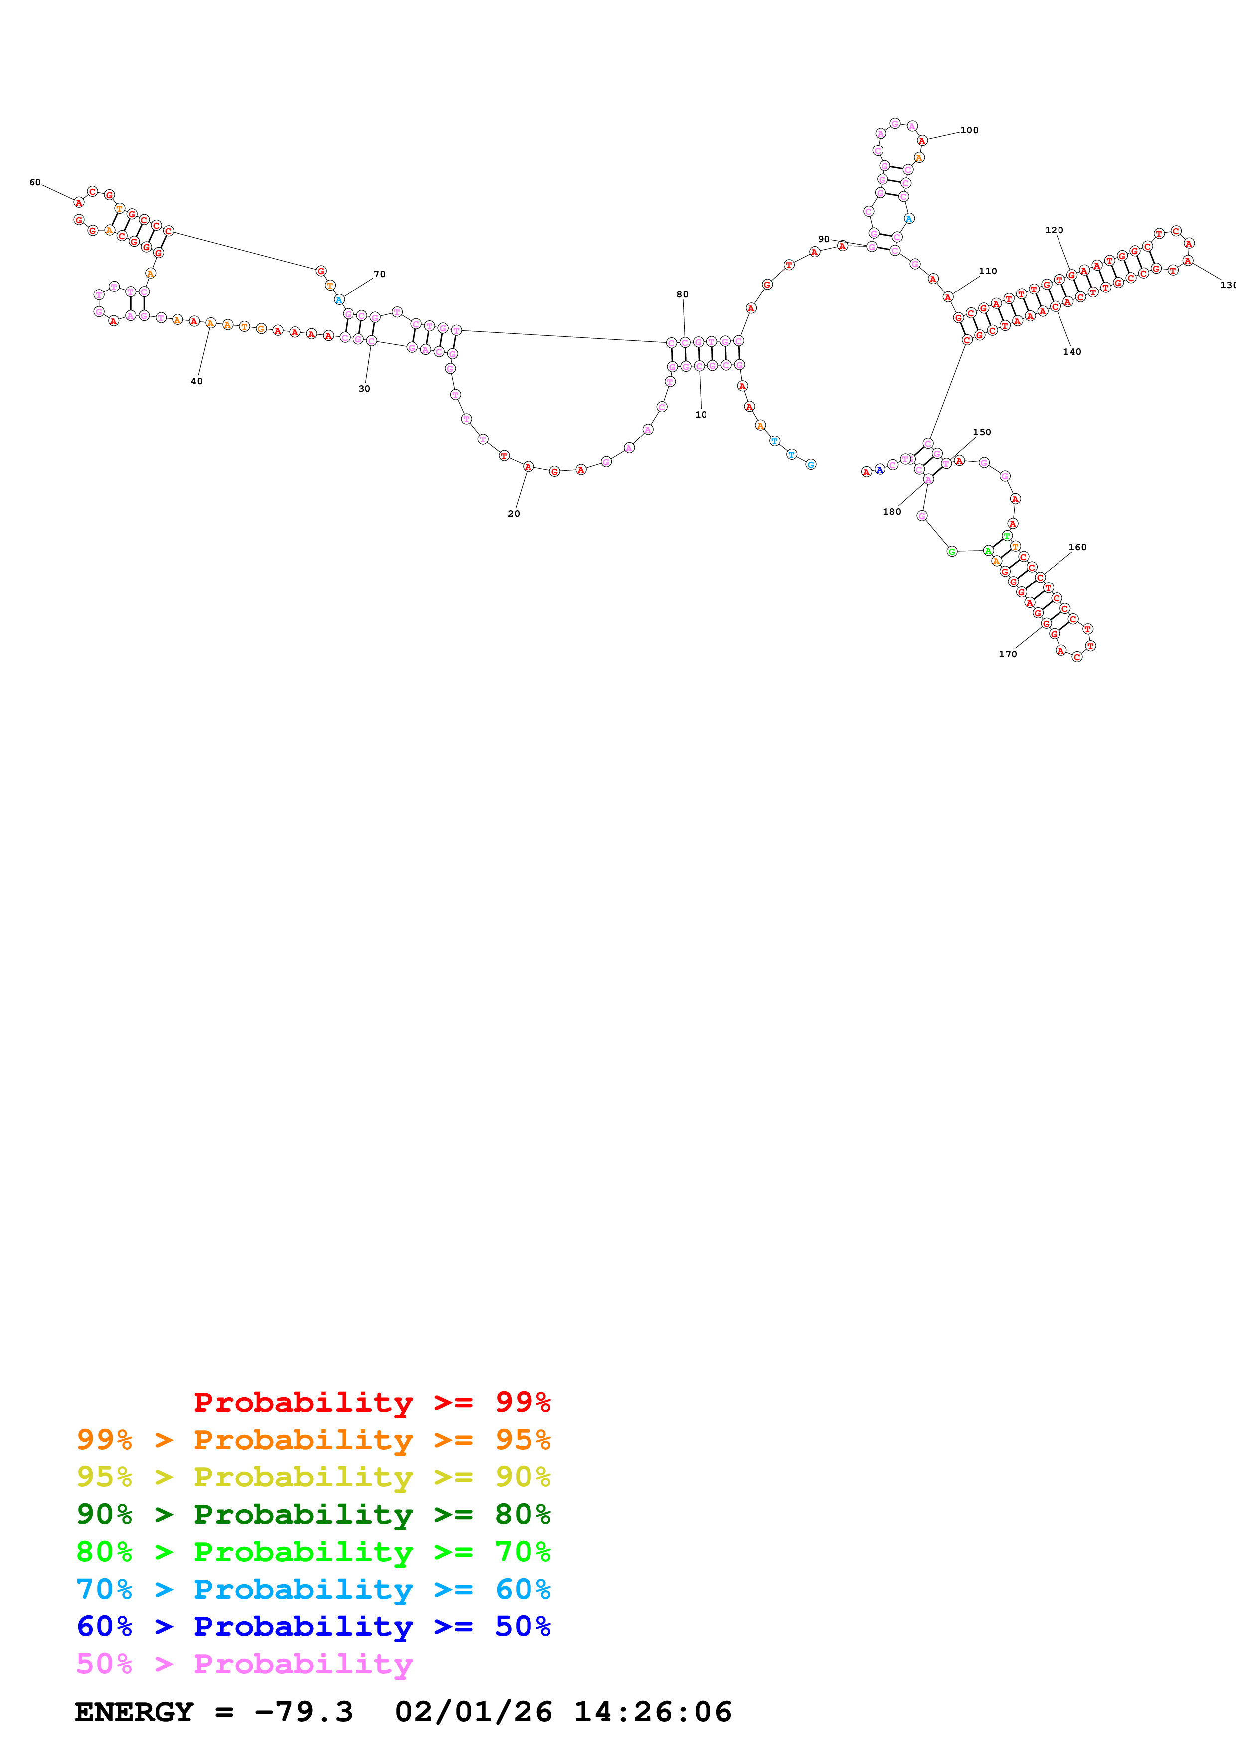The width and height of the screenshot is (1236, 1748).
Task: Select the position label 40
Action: click(196, 381)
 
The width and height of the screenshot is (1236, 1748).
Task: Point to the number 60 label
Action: click(35, 183)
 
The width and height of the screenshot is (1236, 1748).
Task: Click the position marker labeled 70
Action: click(379, 274)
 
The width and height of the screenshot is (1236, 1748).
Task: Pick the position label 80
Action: click(683, 294)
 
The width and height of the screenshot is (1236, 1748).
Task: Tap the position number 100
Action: click(969, 130)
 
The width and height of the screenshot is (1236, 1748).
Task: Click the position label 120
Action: click(1054, 230)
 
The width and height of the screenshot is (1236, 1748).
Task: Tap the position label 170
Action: click(1008, 654)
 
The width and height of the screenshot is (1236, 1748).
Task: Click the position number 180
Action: click(892, 512)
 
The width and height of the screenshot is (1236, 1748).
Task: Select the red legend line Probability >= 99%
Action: click(371, 1402)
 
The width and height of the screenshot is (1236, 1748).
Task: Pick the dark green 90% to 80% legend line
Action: click(314, 1514)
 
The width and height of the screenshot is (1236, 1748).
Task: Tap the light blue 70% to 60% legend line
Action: click(314, 1589)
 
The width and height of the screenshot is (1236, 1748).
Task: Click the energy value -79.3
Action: click(303, 1712)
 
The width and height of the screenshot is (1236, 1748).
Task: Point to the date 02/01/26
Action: click(474, 1712)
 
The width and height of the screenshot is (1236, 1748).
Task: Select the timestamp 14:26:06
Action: click(653, 1712)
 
